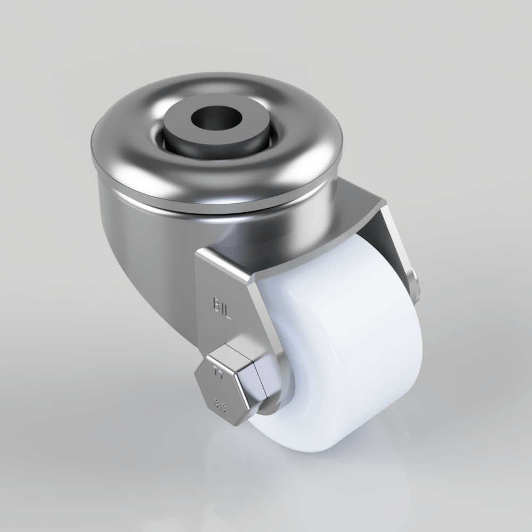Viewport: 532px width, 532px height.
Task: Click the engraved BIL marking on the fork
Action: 222,306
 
